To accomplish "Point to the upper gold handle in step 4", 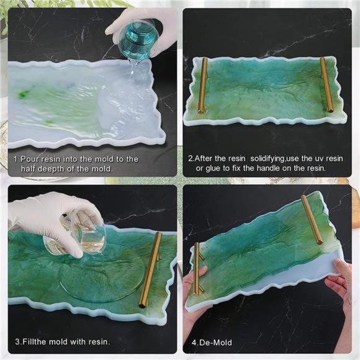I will pos(313,220).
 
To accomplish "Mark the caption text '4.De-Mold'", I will pos(212,342).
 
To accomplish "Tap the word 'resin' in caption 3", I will pos(96,342).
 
